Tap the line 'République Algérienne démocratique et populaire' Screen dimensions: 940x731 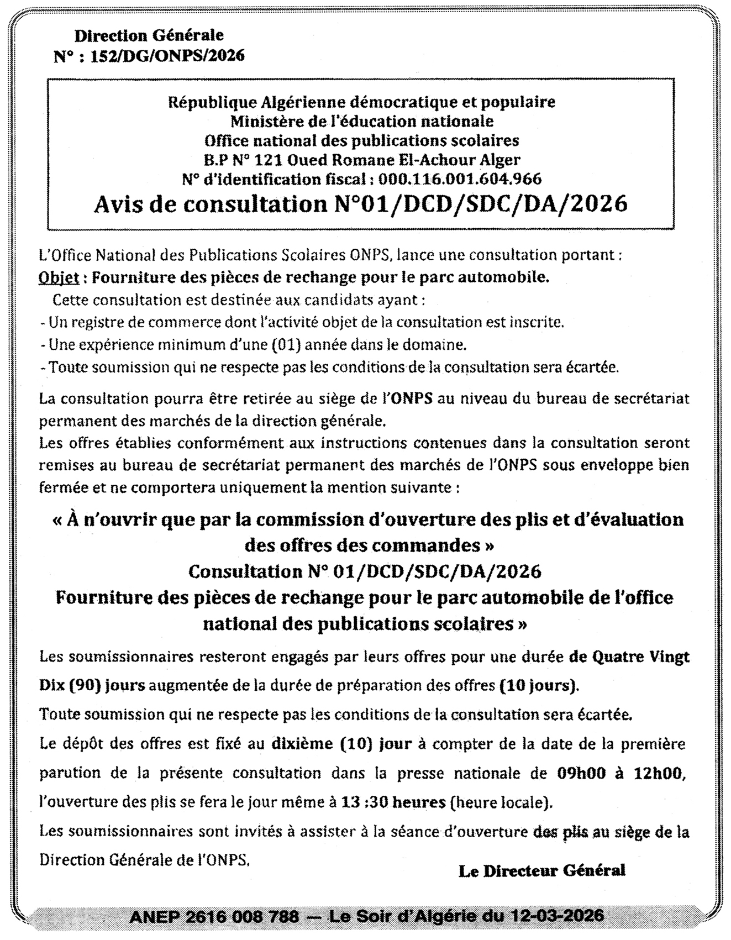[x=362, y=102]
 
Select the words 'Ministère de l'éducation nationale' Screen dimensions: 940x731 [x=362, y=120]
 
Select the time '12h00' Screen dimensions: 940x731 [x=660, y=773]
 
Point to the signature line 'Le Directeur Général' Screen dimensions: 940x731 [x=541, y=871]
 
